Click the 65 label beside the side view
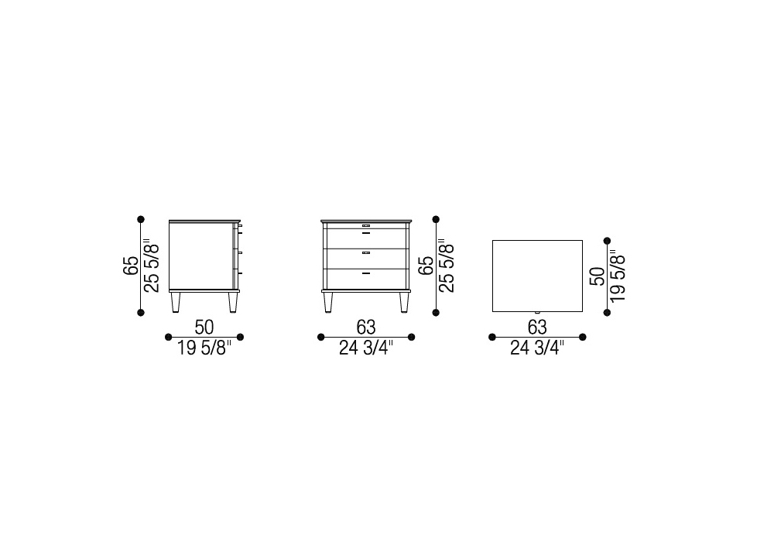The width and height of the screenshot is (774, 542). pos(131,266)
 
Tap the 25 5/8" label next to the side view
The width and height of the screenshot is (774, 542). pos(152,266)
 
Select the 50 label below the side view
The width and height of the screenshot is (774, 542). pos(204,328)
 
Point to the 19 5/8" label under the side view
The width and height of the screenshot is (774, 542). pos(204,348)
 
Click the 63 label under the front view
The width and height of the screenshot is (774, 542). pos(366,328)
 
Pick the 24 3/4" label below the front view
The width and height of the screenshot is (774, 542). pos(366,348)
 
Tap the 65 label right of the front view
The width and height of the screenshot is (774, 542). pos(426,266)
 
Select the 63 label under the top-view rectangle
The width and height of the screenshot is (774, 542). pos(538,328)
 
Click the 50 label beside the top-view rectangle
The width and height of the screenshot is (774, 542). pos(598,276)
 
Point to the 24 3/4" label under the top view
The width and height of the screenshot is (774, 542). pos(538,348)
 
